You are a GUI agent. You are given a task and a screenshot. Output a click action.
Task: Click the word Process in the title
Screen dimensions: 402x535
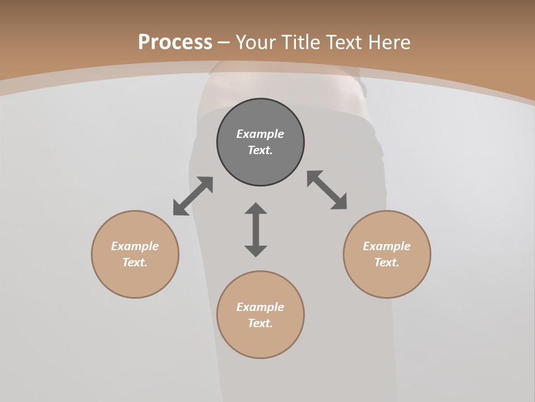click(x=175, y=42)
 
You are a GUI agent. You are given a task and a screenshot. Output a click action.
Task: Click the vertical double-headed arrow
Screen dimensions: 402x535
click(x=256, y=229)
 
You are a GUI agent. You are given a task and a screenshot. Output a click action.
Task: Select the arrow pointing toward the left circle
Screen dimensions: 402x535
click(x=193, y=196)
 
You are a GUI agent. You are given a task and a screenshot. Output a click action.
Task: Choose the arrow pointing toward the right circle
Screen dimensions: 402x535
click(x=327, y=190)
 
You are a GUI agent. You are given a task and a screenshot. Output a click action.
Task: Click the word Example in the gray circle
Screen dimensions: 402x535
click(x=260, y=134)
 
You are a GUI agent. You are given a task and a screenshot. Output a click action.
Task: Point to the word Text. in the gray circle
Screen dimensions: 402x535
click(x=260, y=150)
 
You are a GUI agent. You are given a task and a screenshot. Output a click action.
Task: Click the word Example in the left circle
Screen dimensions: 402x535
click(x=135, y=246)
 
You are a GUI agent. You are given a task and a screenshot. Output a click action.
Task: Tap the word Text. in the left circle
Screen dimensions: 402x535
click(x=135, y=262)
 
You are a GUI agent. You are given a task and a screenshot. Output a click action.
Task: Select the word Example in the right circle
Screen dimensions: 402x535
click(x=387, y=246)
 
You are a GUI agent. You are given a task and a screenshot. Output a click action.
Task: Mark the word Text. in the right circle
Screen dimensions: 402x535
click(x=387, y=262)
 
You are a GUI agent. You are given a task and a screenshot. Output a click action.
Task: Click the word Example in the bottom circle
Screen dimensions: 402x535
click(x=260, y=307)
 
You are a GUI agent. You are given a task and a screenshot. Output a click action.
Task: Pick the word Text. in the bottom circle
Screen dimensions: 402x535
click(x=260, y=323)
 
